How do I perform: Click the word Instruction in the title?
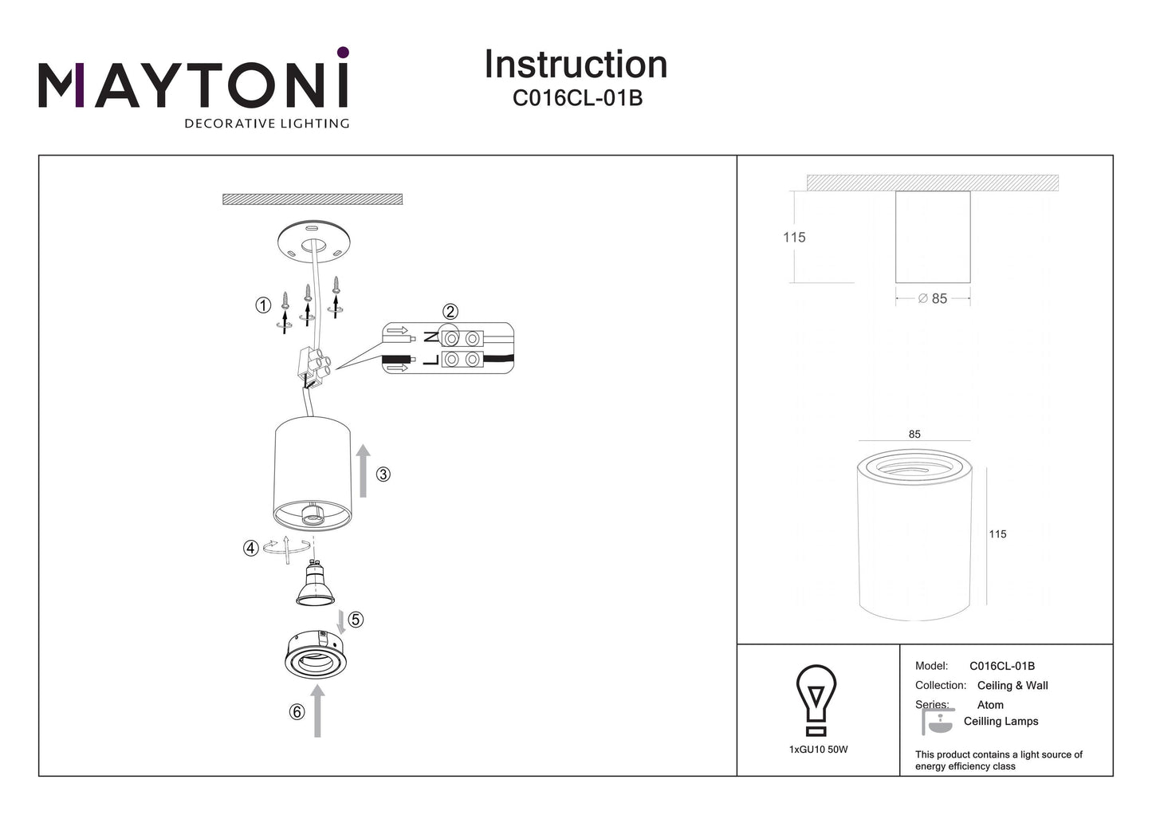(x=576, y=65)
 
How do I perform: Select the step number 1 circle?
(x=263, y=305)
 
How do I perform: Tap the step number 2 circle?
(x=450, y=312)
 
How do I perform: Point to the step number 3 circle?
(x=383, y=474)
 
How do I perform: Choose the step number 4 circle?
(x=251, y=548)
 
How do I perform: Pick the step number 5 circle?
(x=356, y=620)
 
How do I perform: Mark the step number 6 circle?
(x=297, y=711)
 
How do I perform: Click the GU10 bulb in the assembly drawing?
(x=316, y=584)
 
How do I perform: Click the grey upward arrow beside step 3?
(x=364, y=471)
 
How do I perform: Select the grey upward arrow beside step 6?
(x=318, y=713)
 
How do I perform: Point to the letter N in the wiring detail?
(x=431, y=337)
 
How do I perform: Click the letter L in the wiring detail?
(x=431, y=360)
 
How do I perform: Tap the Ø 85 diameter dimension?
(x=933, y=298)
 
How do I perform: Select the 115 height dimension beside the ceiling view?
(x=794, y=237)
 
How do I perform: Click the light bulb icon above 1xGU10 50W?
(x=816, y=699)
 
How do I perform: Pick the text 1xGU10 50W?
(x=818, y=750)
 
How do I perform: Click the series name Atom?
(x=990, y=705)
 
